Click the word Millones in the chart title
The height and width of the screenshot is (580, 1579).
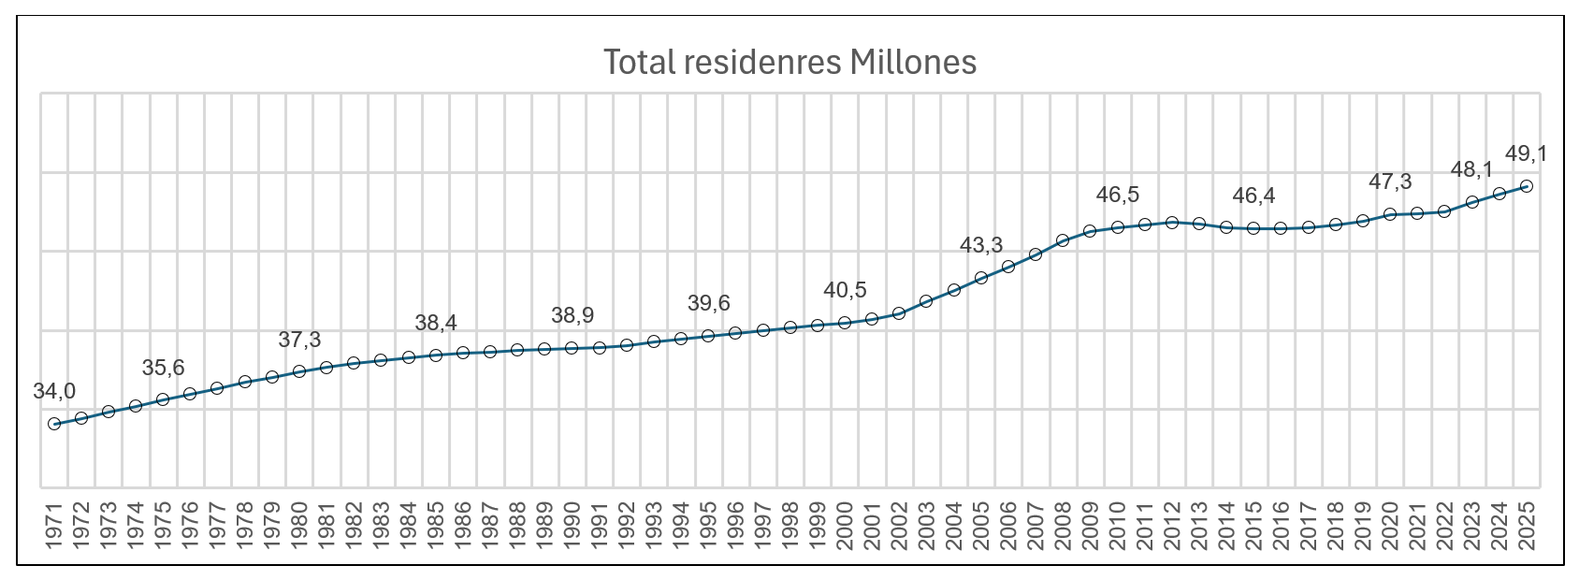914,63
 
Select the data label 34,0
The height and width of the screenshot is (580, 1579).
54,392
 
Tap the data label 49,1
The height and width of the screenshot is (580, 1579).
1526,153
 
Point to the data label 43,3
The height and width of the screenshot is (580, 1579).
981,245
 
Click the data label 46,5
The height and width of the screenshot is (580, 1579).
1118,195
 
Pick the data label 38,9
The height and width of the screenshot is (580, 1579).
572,315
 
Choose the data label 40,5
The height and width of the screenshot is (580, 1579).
845,290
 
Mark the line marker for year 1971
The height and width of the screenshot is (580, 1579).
54,424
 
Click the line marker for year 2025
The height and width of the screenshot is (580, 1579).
1527,186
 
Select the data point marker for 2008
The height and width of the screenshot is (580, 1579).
1063,240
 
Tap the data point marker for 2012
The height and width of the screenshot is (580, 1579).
1172,223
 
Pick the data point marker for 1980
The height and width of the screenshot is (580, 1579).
299,371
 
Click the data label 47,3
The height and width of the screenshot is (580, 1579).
1390,181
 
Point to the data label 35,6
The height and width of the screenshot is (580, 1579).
164,368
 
